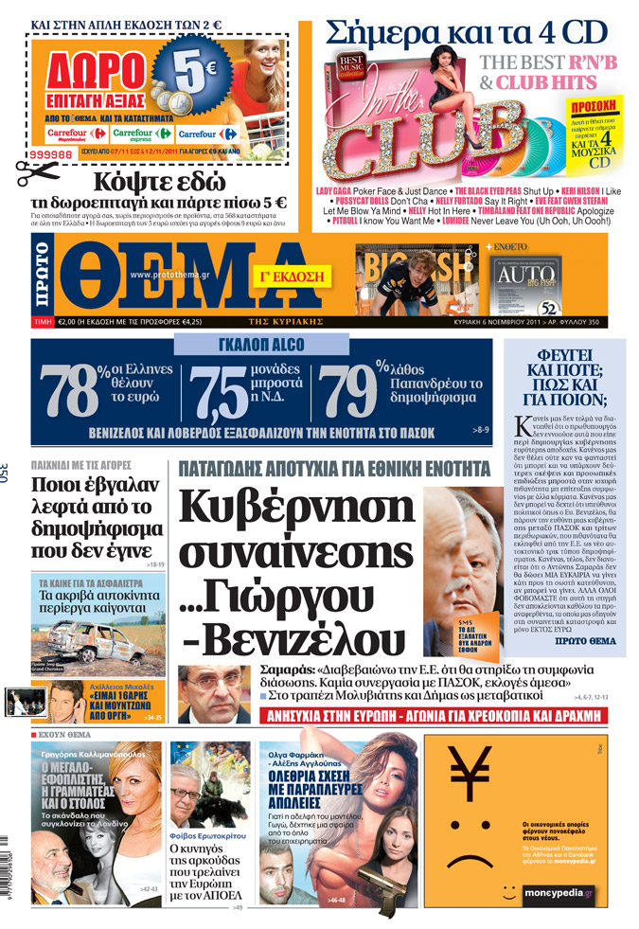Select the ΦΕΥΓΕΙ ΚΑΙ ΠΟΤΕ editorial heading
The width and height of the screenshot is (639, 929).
tap(565, 374)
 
